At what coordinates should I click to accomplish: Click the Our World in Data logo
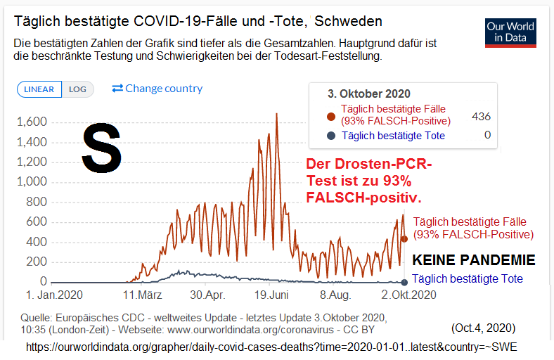pos(510,32)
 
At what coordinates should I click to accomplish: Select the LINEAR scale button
pos(39,89)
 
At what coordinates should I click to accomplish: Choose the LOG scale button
pos(77,89)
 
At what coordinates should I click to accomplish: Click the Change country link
pos(157,89)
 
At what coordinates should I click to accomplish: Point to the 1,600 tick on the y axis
pos(32,122)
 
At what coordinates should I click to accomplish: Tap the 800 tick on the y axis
pos(37,202)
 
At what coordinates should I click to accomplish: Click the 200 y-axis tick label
pos(37,262)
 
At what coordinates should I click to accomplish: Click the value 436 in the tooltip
pos(481,117)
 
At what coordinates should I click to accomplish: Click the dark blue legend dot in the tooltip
pos(331,135)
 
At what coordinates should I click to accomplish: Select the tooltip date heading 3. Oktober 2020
pos(369,94)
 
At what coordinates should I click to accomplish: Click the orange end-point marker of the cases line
pos(404,239)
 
